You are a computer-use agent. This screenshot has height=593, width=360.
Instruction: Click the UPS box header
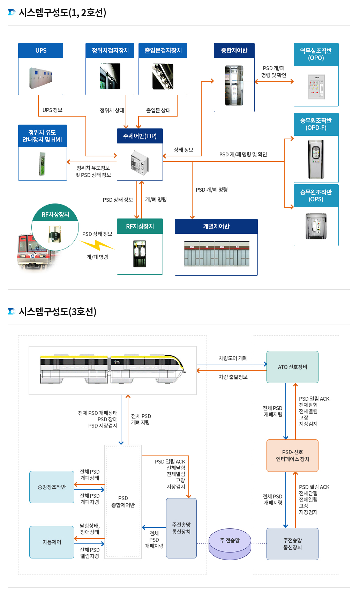(x=40, y=51)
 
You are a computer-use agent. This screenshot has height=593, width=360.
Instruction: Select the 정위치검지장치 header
(x=110, y=51)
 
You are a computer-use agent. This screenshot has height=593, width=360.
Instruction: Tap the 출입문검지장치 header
(x=163, y=51)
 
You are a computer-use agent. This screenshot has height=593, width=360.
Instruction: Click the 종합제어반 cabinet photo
(x=234, y=85)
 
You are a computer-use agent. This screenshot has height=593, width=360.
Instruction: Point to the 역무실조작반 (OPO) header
(x=316, y=54)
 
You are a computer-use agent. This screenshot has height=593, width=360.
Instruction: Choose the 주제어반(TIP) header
(x=140, y=136)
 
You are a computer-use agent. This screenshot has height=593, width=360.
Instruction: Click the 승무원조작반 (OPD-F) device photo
(x=316, y=159)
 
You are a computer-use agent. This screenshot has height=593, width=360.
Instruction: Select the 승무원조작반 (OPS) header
(x=316, y=196)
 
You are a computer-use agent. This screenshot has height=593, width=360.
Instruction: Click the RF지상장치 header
(x=140, y=227)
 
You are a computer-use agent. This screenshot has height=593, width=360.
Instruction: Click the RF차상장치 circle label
(x=55, y=215)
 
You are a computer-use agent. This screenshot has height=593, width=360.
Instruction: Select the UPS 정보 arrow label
(x=52, y=110)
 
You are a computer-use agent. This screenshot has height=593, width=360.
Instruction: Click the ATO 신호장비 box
(x=292, y=367)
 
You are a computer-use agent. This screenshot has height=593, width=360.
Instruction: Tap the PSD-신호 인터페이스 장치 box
(x=292, y=455)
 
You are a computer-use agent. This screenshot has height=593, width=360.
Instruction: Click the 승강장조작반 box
(x=52, y=487)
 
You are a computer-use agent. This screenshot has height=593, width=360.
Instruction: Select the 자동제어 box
(x=52, y=542)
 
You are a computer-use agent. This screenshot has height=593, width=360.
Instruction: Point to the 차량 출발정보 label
(x=233, y=377)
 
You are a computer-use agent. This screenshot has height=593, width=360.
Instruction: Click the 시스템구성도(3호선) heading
(x=58, y=311)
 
